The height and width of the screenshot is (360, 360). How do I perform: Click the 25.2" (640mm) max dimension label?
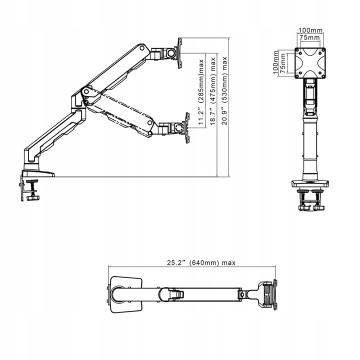pos(201,262)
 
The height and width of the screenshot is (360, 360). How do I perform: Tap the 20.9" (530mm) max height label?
pos(224,90)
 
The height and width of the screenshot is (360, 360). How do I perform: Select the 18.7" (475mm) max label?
pos(213,91)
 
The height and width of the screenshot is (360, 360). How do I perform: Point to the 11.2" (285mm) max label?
pos(201,92)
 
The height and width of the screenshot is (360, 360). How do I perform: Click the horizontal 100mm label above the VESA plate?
pos(310,30)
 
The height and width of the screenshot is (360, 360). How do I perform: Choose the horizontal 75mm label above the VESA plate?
pos(309,37)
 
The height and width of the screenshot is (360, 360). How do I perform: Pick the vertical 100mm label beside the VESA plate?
pos(275,62)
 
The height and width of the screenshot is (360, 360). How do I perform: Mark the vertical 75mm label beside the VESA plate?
pos(283,63)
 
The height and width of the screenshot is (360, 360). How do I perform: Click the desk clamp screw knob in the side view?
pos(33,197)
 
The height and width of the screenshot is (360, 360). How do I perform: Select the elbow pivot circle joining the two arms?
pos(86,92)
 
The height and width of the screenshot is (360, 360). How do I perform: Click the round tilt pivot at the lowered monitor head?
pos(178,127)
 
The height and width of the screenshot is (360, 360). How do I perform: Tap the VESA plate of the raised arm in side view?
pos(180,53)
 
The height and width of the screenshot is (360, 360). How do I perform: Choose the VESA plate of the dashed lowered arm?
pos(187,128)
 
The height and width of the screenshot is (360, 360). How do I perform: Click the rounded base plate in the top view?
pos(126,294)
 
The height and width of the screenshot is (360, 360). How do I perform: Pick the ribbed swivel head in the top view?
pos(267,294)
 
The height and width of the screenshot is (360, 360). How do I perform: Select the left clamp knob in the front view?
pos(303,208)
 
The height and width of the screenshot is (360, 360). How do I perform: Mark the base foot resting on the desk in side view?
pos(38,173)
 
